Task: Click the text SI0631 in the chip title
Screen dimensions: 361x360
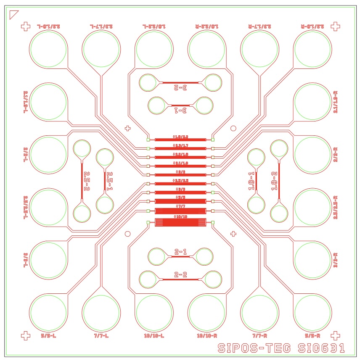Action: click(x=321, y=348)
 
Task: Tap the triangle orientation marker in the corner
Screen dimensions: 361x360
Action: click(x=13, y=15)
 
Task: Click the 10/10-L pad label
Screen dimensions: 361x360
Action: click(x=154, y=336)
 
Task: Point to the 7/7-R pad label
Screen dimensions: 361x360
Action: click(x=260, y=336)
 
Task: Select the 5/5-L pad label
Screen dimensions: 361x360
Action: click(x=48, y=336)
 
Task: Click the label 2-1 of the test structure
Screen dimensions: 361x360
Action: click(x=180, y=252)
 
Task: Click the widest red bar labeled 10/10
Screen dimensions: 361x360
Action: click(x=180, y=223)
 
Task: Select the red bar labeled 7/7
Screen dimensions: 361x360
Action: click(x=180, y=211)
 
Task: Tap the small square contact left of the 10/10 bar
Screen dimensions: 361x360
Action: click(x=148, y=223)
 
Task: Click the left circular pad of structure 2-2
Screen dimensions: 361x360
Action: click(x=148, y=279)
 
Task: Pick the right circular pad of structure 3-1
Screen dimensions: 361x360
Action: click(x=205, y=105)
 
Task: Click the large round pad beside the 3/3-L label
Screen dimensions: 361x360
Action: click(x=48, y=260)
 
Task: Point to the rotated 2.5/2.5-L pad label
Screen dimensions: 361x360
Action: click(x=26, y=207)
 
